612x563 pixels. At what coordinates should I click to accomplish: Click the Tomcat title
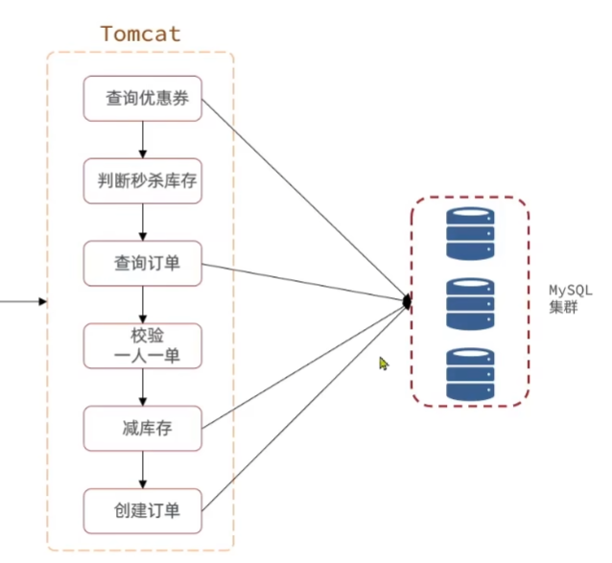pyautogui.click(x=140, y=35)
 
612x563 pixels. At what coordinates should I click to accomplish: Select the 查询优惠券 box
pyautogui.click(x=143, y=99)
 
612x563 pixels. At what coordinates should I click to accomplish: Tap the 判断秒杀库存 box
pyautogui.click(x=143, y=181)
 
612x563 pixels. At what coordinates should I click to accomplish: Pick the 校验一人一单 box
pyautogui.click(x=143, y=345)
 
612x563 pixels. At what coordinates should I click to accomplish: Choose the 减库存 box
pyautogui.click(x=143, y=428)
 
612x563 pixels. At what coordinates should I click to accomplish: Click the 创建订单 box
pyautogui.click(x=143, y=510)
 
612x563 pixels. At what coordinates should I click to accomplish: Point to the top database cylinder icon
pyautogui.click(x=470, y=234)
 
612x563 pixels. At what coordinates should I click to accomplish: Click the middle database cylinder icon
pyautogui.click(x=470, y=304)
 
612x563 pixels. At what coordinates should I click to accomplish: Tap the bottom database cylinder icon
pyautogui.click(x=470, y=374)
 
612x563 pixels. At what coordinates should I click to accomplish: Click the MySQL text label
pyautogui.click(x=572, y=290)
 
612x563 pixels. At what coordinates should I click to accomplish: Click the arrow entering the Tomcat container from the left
pyautogui.click(x=24, y=302)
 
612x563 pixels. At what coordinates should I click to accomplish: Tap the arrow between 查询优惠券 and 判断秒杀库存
pyautogui.click(x=143, y=140)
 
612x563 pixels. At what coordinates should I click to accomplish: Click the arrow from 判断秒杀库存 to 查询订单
pyautogui.click(x=143, y=223)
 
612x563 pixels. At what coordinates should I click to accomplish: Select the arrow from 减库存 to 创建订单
pyautogui.click(x=143, y=469)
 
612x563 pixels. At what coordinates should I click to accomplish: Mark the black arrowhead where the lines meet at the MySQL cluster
pyautogui.click(x=407, y=302)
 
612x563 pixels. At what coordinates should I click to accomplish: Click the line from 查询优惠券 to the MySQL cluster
pyautogui.click(x=305, y=200)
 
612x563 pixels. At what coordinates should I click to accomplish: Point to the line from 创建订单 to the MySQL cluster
pyautogui.click(x=305, y=406)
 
